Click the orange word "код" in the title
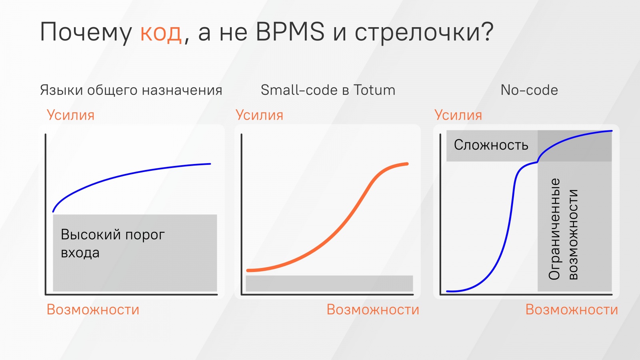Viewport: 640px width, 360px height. point(161,32)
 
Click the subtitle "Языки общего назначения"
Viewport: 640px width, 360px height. point(131,90)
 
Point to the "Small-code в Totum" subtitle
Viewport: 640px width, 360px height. point(328,90)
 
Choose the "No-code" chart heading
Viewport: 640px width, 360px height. point(529,90)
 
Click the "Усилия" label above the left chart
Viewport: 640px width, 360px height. point(71,115)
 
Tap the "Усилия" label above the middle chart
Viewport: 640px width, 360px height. point(260,115)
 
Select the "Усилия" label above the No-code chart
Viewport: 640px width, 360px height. point(458,115)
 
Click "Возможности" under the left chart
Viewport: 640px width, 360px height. point(93,310)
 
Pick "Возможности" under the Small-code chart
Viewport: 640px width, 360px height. point(373,310)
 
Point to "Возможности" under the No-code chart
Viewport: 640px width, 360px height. point(572,310)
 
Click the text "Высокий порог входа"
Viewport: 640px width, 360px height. point(112,243)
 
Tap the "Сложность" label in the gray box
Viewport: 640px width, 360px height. point(491,145)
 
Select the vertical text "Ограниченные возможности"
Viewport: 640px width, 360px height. point(563,229)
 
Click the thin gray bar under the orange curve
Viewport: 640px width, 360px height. point(329,283)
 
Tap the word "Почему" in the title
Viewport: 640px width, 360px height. point(86,32)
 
